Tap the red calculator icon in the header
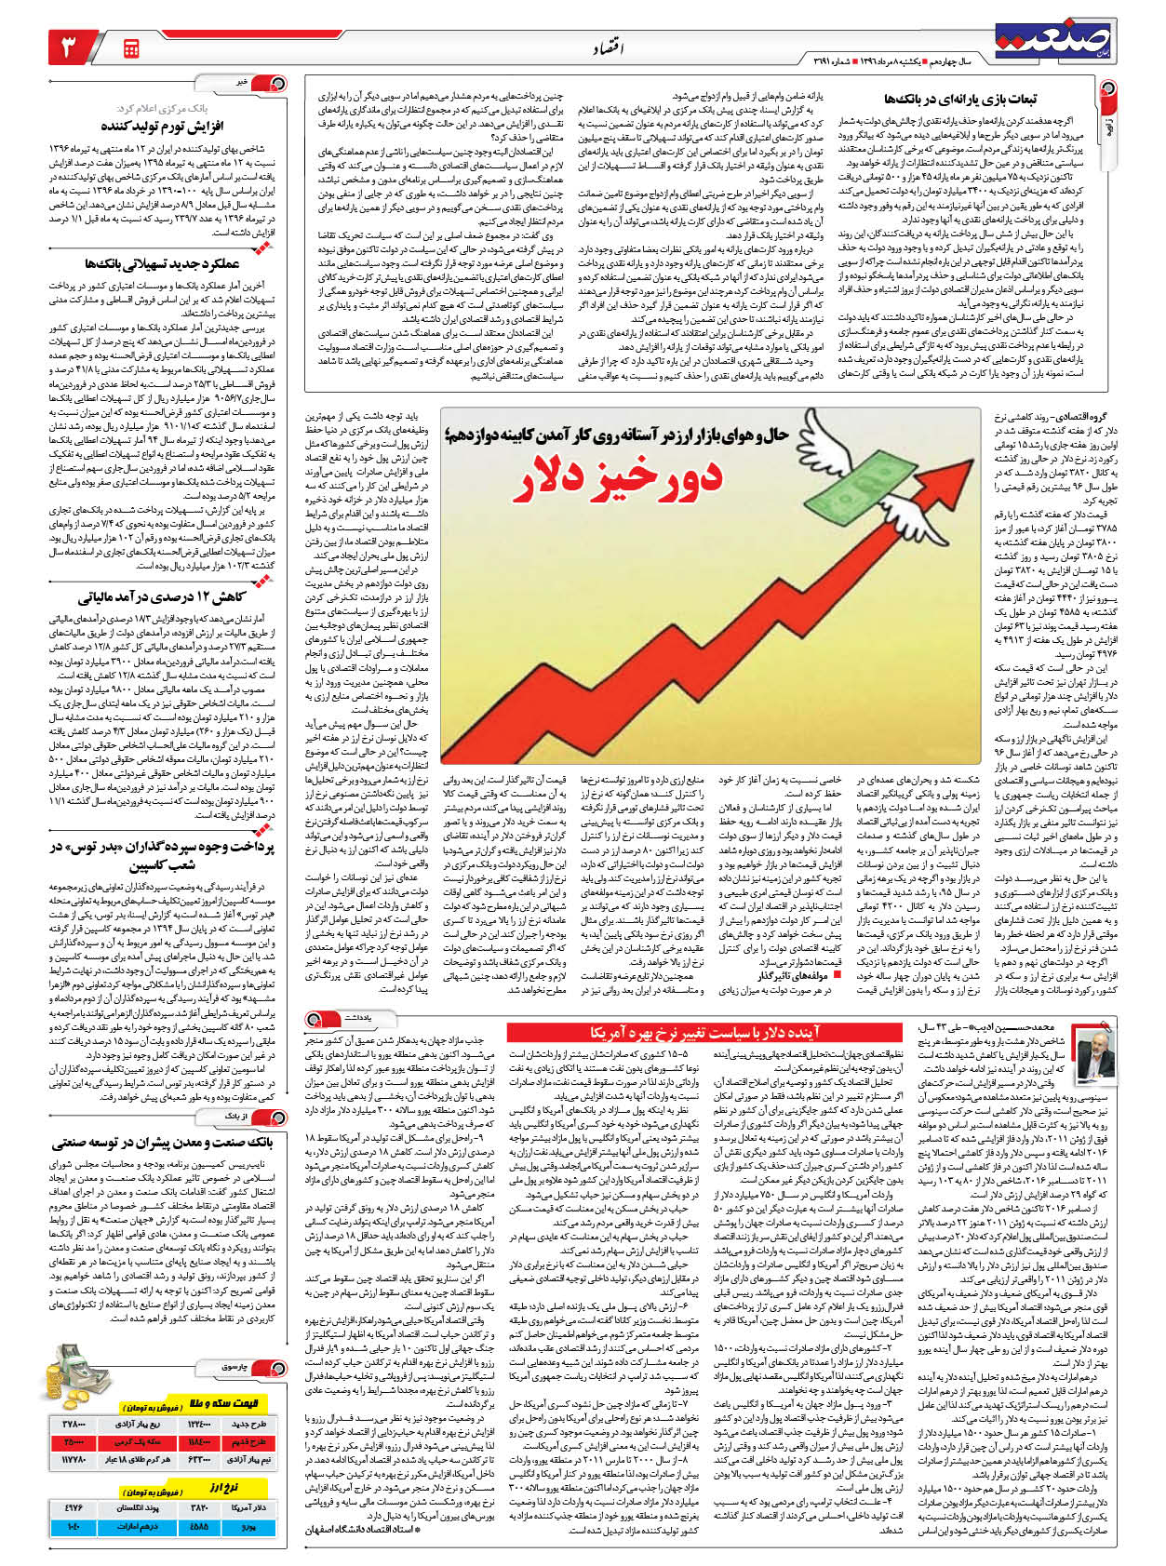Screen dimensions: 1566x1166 130,47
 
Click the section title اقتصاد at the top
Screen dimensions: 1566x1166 607,48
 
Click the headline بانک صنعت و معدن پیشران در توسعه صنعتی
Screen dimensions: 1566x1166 163,1142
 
